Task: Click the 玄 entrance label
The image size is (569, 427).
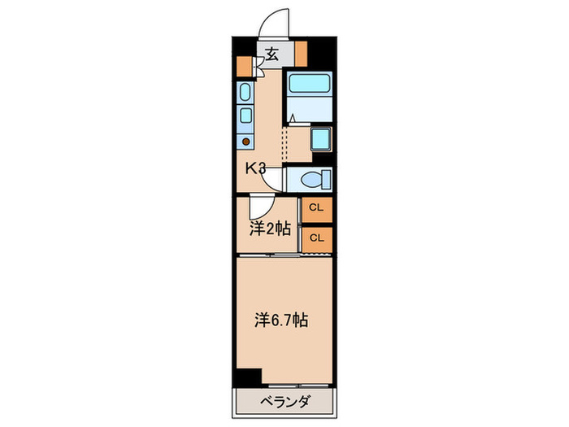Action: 271,54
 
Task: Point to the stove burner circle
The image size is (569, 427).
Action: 245,141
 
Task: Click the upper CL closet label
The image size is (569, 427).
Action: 317,207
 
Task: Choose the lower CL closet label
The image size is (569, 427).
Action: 317,237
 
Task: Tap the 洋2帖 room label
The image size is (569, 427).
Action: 269,229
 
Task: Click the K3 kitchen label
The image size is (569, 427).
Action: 257,168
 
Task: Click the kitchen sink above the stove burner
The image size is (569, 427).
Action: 245,115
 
